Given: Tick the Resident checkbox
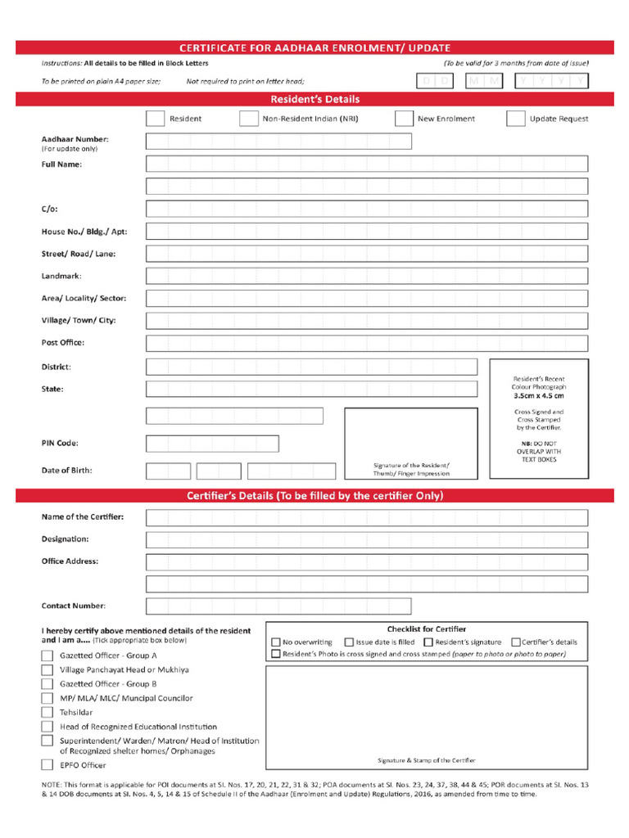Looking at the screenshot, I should pyautogui.click(x=155, y=119).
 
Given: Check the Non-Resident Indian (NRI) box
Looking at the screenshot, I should pyautogui.click(x=249, y=119).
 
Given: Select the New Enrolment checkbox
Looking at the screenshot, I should pyautogui.click(x=404, y=119).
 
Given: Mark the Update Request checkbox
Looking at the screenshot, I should pyautogui.click(x=515, y=119).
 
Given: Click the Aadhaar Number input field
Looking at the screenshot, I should pyautogui.click(x=278, y=142).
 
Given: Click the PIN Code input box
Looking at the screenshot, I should pyautogui.click(x=212, y=444).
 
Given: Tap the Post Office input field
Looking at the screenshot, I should pyautogui.click(x=366, y=343).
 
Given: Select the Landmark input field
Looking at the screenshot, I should pyautogui.click(x=366, y=276).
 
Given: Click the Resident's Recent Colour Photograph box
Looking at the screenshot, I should pyautogui.click(x=538, y=418).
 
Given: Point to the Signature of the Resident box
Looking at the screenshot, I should pyautogui.click(x=411, y=443).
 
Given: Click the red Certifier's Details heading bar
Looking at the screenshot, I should pyautogui.click(x=314, y=496).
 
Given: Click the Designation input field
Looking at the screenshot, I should pyautogui.click(x=366, y=540).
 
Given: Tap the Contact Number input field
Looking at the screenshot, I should pyautogui.click(x=366, y=606).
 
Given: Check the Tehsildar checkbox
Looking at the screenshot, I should pyautogui.click(x=48, y=712).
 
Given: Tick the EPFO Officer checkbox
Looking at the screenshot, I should pyautogui.click(x=48, y=765).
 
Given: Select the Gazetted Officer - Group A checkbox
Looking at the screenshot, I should pyautogui.click(x=48, y=656).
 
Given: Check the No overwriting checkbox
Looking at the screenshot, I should pyautogui.click(x=276, y=642).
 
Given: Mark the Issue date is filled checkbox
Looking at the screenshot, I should pyautogui.click(x=349, y=642).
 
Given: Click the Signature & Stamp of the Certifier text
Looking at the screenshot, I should pyautogui.click(x=426, y=760).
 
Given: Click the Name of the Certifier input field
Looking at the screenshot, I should pyautogui.click(x=366, y=518).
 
